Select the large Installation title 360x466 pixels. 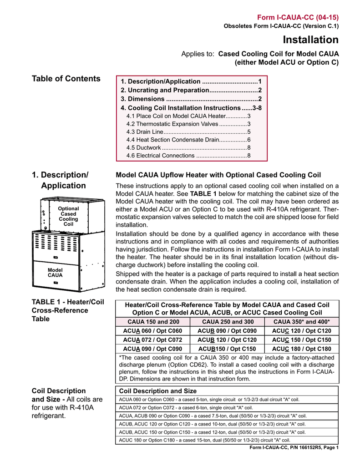310,40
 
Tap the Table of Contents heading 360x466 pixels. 66,79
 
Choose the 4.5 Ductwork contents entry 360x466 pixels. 188,147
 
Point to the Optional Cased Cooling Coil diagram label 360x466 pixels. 68,216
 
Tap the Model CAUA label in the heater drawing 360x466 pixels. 55,273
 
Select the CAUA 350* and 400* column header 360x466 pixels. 301,322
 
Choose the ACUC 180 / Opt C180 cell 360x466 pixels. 301,349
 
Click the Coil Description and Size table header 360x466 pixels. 157,391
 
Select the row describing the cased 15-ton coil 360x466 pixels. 204,440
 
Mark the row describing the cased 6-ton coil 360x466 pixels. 186,407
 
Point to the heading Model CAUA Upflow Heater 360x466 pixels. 218,175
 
